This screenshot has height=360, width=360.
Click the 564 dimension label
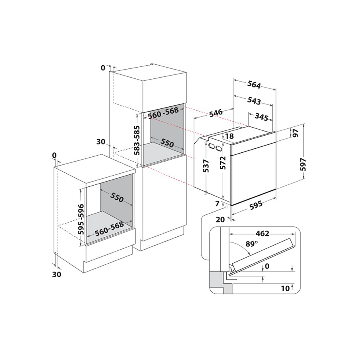pyautogui.click(x=254, y=85)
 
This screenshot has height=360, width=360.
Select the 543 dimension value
pyautogui.click(x=254, y=101)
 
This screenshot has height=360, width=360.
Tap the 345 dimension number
pyautogui.click(x=262, y=117)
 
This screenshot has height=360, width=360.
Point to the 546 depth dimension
pyautogui.click(x=216, y=113)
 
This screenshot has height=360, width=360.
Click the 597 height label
pyautogui.click(x=304, y=164)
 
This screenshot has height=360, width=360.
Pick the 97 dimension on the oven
pyautogui.click(x=296, y=133)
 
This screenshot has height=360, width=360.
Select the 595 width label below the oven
pyautogui.click(x=256, y=204)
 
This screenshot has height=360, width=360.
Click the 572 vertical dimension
pyautogui.click(x=223, y=163)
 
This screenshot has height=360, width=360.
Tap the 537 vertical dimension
pyautogui.click(x=206, y=166)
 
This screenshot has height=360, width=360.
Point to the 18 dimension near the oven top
pyautogui.click(x=229, y=136)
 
